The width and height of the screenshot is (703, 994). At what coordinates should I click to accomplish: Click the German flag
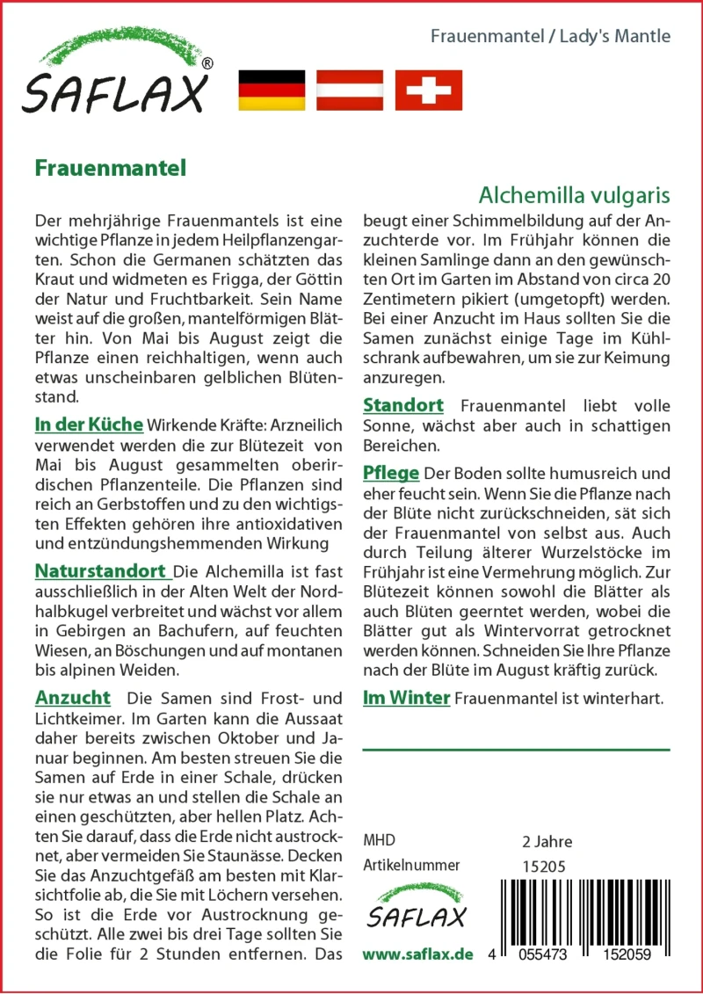coord(272,91)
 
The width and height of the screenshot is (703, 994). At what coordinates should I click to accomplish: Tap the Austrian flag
coord(350,91)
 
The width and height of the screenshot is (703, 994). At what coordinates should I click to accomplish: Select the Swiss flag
coord(428,91)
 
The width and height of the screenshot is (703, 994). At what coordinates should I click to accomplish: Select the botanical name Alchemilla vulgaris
coord(575,194)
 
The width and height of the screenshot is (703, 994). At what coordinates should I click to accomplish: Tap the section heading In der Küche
coord(89,424)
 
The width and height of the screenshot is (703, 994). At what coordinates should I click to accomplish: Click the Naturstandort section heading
coord(103,571)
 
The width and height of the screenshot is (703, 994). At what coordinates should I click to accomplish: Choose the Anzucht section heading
coord(73,698)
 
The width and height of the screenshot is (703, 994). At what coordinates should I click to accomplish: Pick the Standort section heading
coord(403,405)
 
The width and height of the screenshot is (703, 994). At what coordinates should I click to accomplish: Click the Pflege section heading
coord(391,473)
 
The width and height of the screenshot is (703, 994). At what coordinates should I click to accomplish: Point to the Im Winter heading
coord(406,698)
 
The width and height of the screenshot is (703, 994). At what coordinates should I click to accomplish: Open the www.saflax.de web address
coord(418,954)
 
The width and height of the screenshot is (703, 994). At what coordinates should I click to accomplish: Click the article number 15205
coord(543,866)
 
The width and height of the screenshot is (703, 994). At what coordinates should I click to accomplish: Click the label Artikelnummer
coord(411,866)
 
